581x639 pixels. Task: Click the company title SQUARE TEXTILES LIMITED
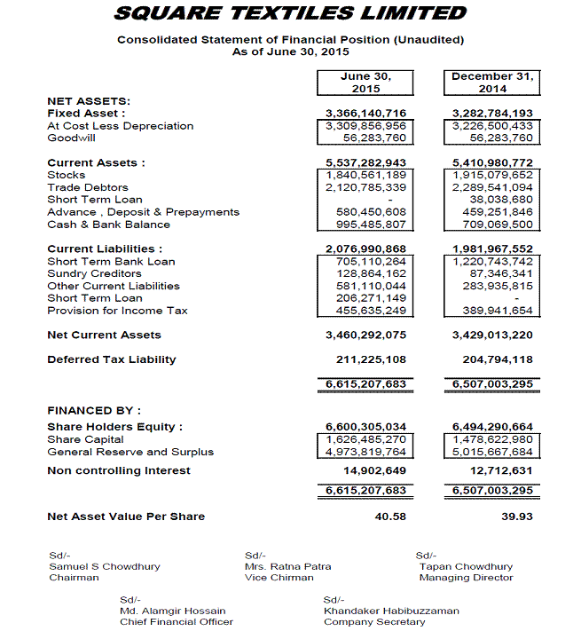[290, 13]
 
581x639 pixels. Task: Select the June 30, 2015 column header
[365, 83]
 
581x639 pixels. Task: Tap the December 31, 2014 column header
[491, 83]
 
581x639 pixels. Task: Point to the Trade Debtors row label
[88, 188]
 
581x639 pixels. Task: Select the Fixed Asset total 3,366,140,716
[366, 114]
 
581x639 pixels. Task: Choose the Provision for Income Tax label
[117, 311]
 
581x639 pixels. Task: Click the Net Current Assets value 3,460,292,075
[366, 335]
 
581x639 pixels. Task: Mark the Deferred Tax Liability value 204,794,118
[492, 359]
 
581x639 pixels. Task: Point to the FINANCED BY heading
[94, 411]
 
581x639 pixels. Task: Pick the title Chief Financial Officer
[177, 622]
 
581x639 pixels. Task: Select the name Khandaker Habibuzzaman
[390, 611]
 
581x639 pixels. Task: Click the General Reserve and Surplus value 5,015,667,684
[492, 452]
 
